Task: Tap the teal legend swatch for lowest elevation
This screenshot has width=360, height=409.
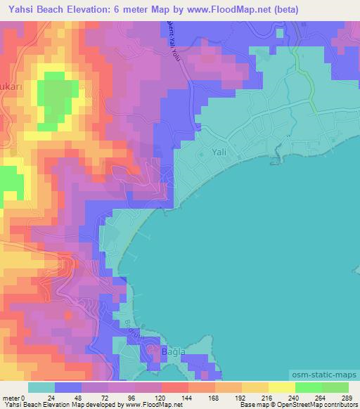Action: click(x=41, y=387)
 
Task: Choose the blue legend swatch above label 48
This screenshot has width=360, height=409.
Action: click(x=68, y=387)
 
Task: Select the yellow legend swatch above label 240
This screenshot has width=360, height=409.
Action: click(x=282, y=387)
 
